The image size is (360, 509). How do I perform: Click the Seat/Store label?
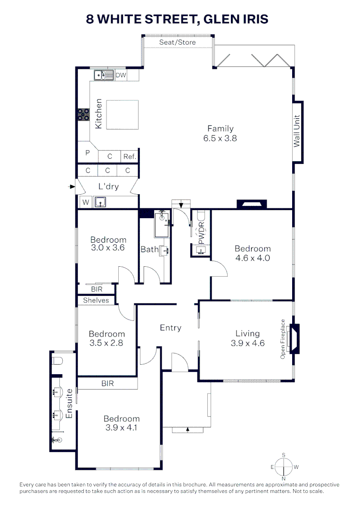coord(177,42)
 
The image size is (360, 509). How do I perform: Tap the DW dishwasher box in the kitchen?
coord(121,75)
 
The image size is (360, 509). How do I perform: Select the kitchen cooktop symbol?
coord(83,115)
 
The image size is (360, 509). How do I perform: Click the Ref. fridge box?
coord(130,156)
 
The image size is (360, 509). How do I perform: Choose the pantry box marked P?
coord(87,153)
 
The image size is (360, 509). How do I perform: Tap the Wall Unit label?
coord(297,131)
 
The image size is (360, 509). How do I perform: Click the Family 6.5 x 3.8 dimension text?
coord(220,139)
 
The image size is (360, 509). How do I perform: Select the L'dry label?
coord(108,187)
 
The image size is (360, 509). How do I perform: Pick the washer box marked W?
coord(85,203)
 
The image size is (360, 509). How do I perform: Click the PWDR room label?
coord(201,233)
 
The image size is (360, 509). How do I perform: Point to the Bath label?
coord(149,249)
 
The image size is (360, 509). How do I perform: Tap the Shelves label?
coord(96,300)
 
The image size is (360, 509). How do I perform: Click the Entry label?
coord(171,328)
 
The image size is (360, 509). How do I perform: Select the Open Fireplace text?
coord(283,339)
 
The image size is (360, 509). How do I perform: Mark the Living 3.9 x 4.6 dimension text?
coord(248,343)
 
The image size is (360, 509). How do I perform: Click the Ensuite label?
coord(70,404)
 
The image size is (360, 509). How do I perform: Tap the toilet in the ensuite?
coord(57,361)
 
